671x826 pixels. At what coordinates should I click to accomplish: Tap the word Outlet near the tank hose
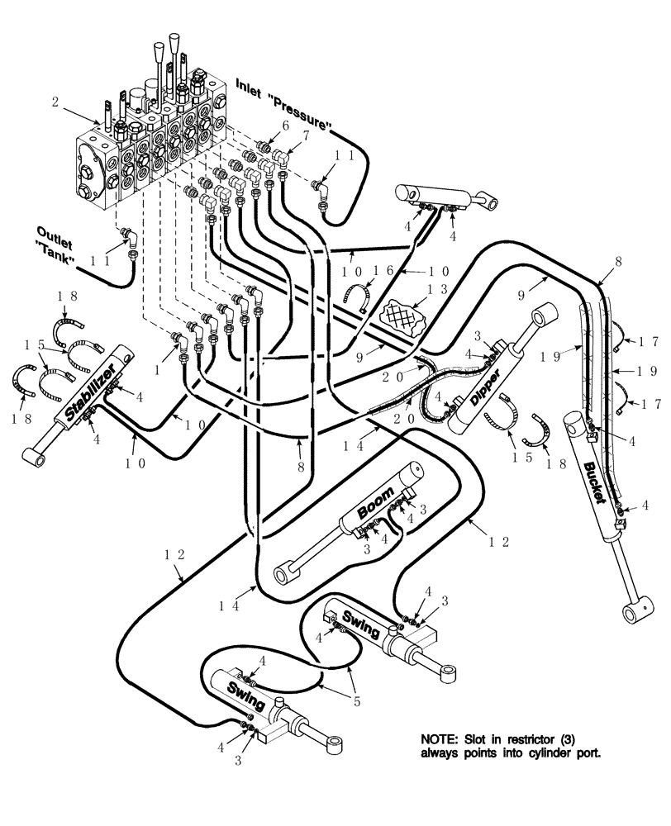[52, 232]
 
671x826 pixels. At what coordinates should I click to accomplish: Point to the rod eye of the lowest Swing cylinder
[336, 748]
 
